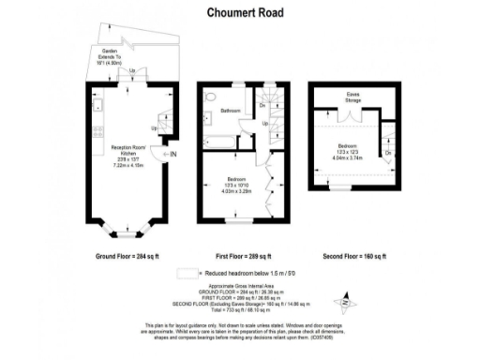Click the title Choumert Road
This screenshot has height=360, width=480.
click(239, 14)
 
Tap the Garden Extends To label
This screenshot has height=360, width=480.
click(116, 58)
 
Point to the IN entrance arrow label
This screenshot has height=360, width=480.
click(171, 155)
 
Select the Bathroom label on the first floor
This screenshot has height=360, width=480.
click(231, 112)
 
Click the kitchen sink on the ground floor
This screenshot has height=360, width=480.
click(97, 102)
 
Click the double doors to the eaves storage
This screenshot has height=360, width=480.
click(349, 117)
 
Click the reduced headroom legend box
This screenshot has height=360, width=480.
click(189, 273)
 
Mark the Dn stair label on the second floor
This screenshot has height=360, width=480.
click(388, 151)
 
